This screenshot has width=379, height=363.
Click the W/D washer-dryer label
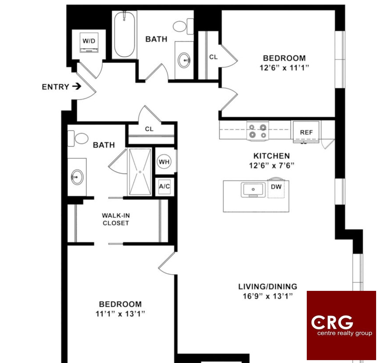pos(89,41)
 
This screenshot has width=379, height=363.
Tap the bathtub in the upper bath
pos(125,34)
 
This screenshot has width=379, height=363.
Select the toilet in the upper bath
pos(183,27)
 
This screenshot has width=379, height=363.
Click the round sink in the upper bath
pos(184,60)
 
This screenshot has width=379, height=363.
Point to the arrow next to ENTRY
pos(77,86)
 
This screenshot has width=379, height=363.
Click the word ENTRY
pos(55,87)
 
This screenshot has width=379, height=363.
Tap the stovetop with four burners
pos(258,131)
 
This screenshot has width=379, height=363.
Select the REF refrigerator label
pos(306,132)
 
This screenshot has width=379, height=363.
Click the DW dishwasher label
pos(276,187)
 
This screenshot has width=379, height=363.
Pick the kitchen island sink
pos(253,190)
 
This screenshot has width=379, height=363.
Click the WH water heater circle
pos(164,162)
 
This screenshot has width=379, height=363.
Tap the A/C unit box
pos(165,187)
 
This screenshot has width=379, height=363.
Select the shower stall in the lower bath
pos(140,172)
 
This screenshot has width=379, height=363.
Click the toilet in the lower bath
pos(78,138)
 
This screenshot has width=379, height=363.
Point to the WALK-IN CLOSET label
pos(116,219)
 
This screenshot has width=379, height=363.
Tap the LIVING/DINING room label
pos(268,287)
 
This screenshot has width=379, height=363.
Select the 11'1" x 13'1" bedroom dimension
pos(120,314)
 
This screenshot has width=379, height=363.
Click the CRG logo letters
pos(332,322)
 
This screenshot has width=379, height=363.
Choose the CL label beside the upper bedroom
pos(213,57)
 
